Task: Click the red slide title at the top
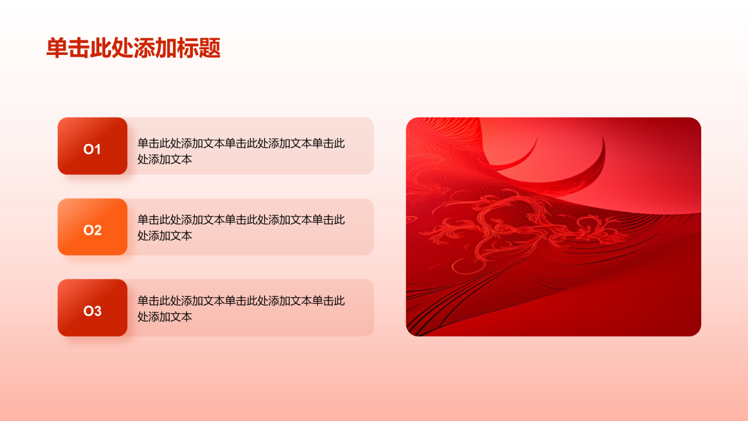click(133, 49)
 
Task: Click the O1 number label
click(92, 150)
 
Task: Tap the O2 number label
click(92, 230)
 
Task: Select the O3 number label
click(92, 311)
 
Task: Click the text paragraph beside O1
click(241, 151)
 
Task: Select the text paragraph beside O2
click(241, 227)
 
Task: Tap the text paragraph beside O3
click(241, 309)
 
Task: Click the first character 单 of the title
click(57, 49)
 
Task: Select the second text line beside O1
click(165, 159)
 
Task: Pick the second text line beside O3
click(165, 317)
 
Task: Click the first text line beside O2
click(241, 220)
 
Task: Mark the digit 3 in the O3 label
click(98, 311)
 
